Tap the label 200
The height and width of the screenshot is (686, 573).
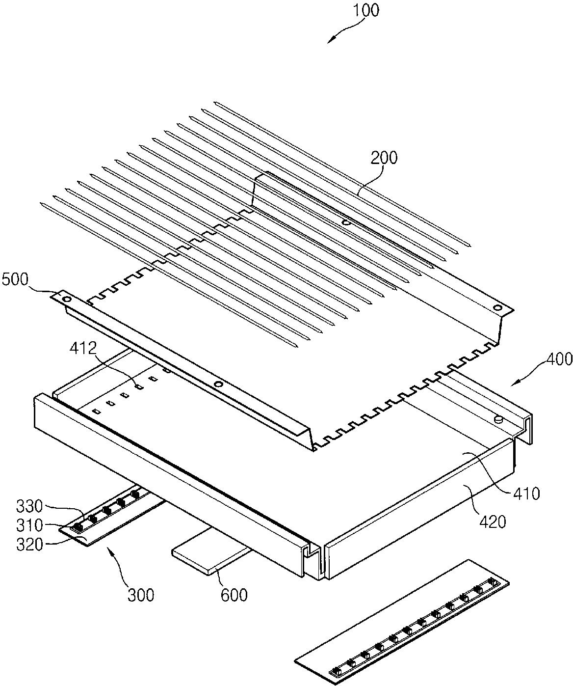click(384, 158)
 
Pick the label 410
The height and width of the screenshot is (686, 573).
click(524, 493)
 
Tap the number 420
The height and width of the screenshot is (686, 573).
click(492, 521)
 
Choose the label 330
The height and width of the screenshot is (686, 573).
click(30, 505)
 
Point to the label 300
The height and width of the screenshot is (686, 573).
click(141, 595)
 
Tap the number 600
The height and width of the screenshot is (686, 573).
click(234, 595)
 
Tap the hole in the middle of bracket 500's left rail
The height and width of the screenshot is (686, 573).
click(219, 384)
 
